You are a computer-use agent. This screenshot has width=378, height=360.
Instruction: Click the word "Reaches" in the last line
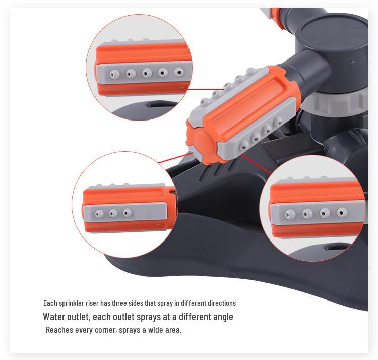pos(58,330)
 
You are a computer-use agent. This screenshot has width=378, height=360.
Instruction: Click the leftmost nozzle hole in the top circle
pos(115,74)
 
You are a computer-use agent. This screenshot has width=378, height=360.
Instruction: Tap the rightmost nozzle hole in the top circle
pos(178,72)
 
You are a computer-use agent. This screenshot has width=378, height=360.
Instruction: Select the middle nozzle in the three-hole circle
pos(113,213)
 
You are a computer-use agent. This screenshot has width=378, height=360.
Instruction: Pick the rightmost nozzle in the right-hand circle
pos(342,212)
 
